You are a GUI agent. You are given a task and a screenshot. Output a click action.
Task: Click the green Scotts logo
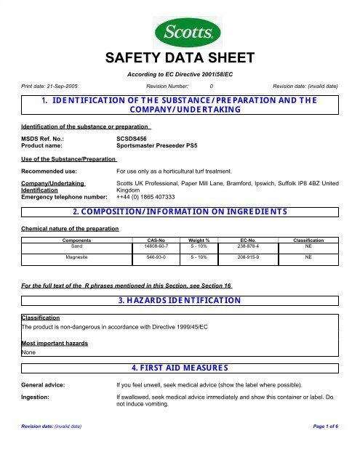click(x=180, y=32)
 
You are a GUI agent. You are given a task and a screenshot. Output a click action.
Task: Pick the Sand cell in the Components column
click(x=71, y=245)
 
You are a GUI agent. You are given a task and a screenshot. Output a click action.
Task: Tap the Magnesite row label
click(x=71, y=256)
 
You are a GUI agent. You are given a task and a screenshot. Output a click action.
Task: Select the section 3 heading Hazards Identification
click(x=180, y=299)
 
